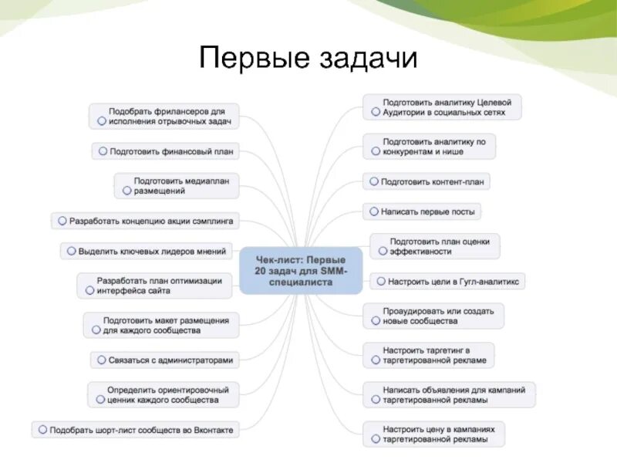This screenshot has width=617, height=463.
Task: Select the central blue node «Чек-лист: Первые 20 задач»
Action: tap(300, 270)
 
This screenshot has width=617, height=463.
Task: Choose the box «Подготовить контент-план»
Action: tap(427, 182)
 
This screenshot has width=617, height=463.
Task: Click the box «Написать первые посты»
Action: tap(422, 211)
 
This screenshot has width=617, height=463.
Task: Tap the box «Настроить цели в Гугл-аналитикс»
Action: tap(447, 282)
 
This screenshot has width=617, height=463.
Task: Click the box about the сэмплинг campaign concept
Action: tap(143, 221)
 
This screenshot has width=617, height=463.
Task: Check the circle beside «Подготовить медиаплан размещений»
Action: tap(123, 190)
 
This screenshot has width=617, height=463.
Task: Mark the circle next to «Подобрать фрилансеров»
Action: tap(101, 122)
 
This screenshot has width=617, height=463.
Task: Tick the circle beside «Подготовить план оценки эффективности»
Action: tap(380, 252)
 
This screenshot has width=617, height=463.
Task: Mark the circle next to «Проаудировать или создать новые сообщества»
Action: tap(374, 319)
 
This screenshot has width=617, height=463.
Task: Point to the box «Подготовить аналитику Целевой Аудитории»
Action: tap(443, 107)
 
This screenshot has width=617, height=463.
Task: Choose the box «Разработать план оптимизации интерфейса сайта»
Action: tap(154, 286)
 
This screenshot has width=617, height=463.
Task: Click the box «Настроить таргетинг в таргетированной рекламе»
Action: tap(429, 355)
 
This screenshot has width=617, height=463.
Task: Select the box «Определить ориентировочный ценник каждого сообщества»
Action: tap(163, 394)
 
